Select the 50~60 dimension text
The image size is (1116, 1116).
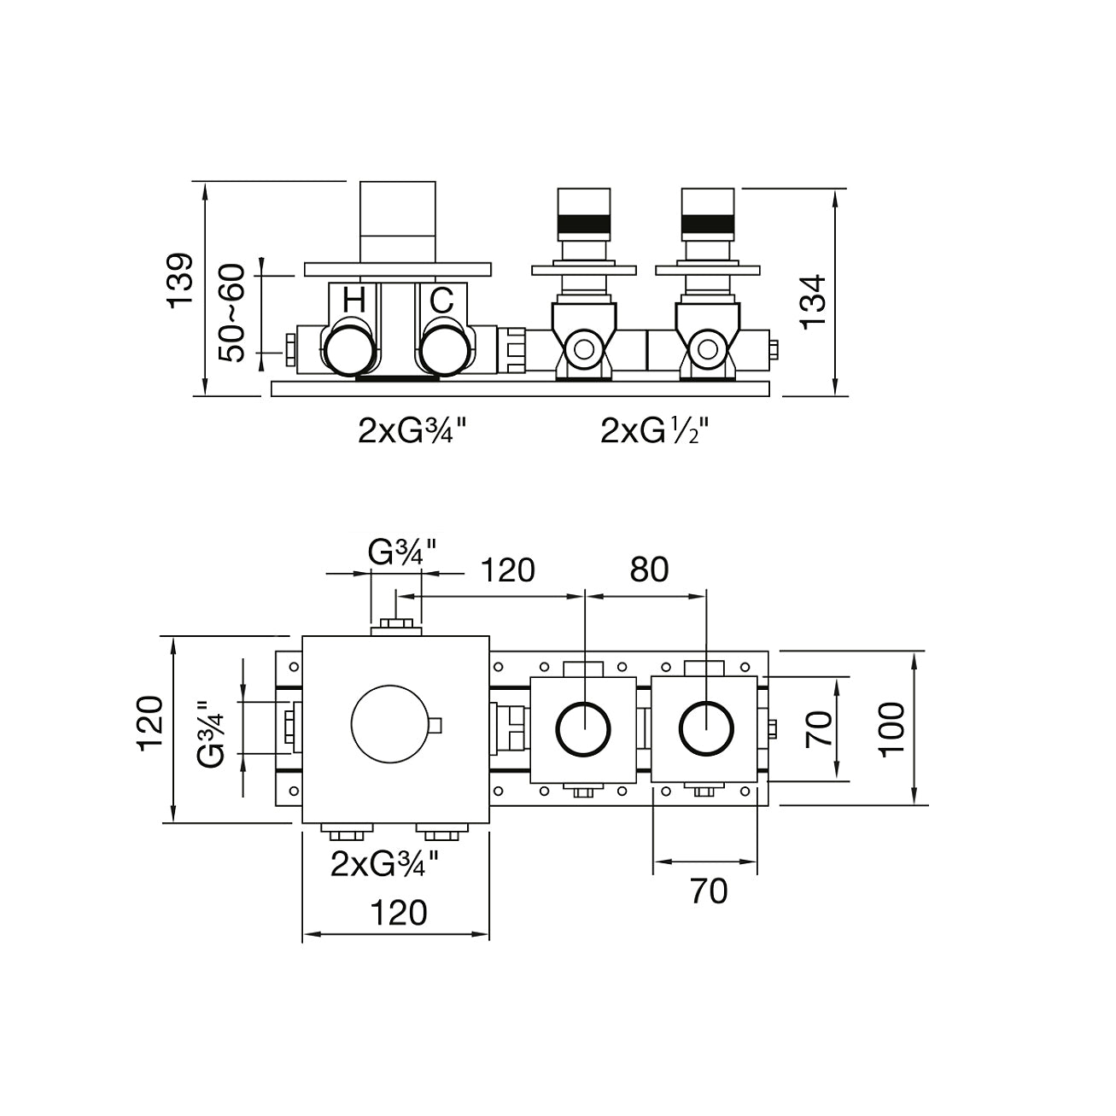tap(231, 313)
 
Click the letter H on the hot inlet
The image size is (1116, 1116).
tap(353, 301)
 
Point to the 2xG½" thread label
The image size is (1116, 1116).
tap(655, 432)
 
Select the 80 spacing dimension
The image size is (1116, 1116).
tap(649, 570)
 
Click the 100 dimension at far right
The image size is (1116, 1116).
tap(891, 728)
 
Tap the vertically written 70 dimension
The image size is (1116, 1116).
tap(820, 728)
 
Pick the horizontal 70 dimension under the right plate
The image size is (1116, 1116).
tap(708, 891)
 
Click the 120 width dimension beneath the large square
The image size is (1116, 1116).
tap(398, 913)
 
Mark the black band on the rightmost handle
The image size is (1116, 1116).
tap(709, 225)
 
